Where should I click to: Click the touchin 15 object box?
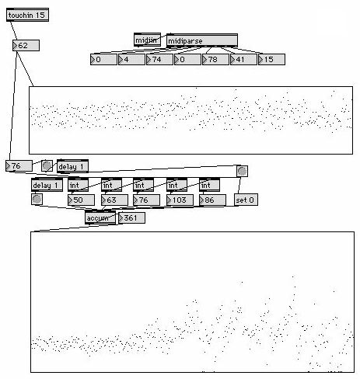(27, 15)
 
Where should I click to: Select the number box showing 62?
(26, 45)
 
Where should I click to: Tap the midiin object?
(147, 40)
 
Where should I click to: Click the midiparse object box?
(202, 40)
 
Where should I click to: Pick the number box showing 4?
(131, 60)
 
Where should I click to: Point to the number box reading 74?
(159, 60)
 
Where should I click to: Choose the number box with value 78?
(215, 60)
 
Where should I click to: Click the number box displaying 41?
(243, 60)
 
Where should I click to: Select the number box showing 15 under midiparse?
(271, 60)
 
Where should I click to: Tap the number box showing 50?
(81, 200)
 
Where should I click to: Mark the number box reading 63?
(114, 200)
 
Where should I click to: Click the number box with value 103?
(180, 200)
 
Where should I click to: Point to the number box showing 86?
(212, 200)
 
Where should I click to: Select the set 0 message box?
(246, 200)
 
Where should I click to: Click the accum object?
(100, 217)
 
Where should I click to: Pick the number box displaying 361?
(131, 218)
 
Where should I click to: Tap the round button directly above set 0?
(242, 171)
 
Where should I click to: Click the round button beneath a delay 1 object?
(37, 199)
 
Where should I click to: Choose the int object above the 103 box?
(177, 185)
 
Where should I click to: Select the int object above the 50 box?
(78, 185)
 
